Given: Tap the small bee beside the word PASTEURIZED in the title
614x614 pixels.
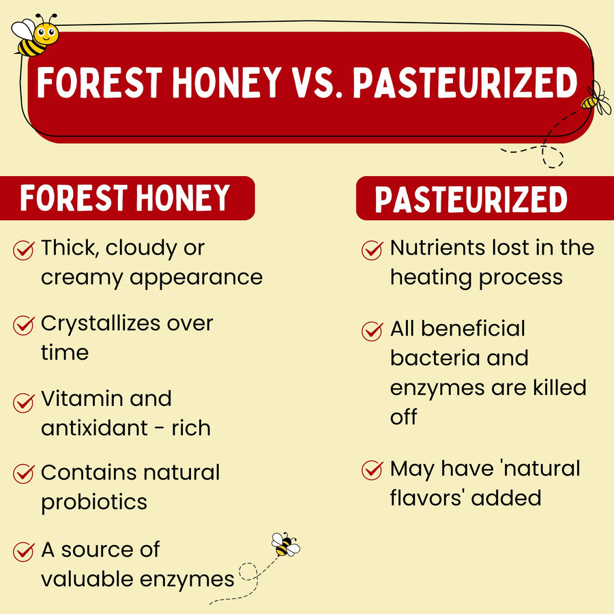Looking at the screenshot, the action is (595, 98).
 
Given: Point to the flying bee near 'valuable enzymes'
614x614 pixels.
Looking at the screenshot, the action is (285, 544).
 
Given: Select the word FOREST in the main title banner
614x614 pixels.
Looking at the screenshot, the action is (100, 83).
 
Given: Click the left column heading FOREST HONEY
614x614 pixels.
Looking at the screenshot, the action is (125, 198).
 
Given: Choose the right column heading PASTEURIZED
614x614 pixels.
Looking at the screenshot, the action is (471, 199).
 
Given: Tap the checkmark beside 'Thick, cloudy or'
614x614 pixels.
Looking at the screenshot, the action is (23, 250).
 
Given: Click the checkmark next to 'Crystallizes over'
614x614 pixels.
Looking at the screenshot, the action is (23, 325).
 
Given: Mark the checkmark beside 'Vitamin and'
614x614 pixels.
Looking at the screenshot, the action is (23, 403).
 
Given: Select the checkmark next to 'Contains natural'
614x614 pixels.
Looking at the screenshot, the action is (23, 473).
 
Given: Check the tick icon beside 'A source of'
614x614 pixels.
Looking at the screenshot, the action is (23, 551).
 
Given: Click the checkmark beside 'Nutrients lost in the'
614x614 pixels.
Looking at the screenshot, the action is (372, 250).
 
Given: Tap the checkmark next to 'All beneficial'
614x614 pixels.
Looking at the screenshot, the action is (372, 331).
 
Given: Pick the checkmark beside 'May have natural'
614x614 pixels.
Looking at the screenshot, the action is (372, 469).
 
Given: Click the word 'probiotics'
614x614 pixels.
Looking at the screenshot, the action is (94, 502).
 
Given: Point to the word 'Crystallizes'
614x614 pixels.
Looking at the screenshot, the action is (101, 325).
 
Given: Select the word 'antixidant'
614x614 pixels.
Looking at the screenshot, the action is (94, 428).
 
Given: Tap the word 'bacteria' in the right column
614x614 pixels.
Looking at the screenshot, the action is (435, 358).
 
